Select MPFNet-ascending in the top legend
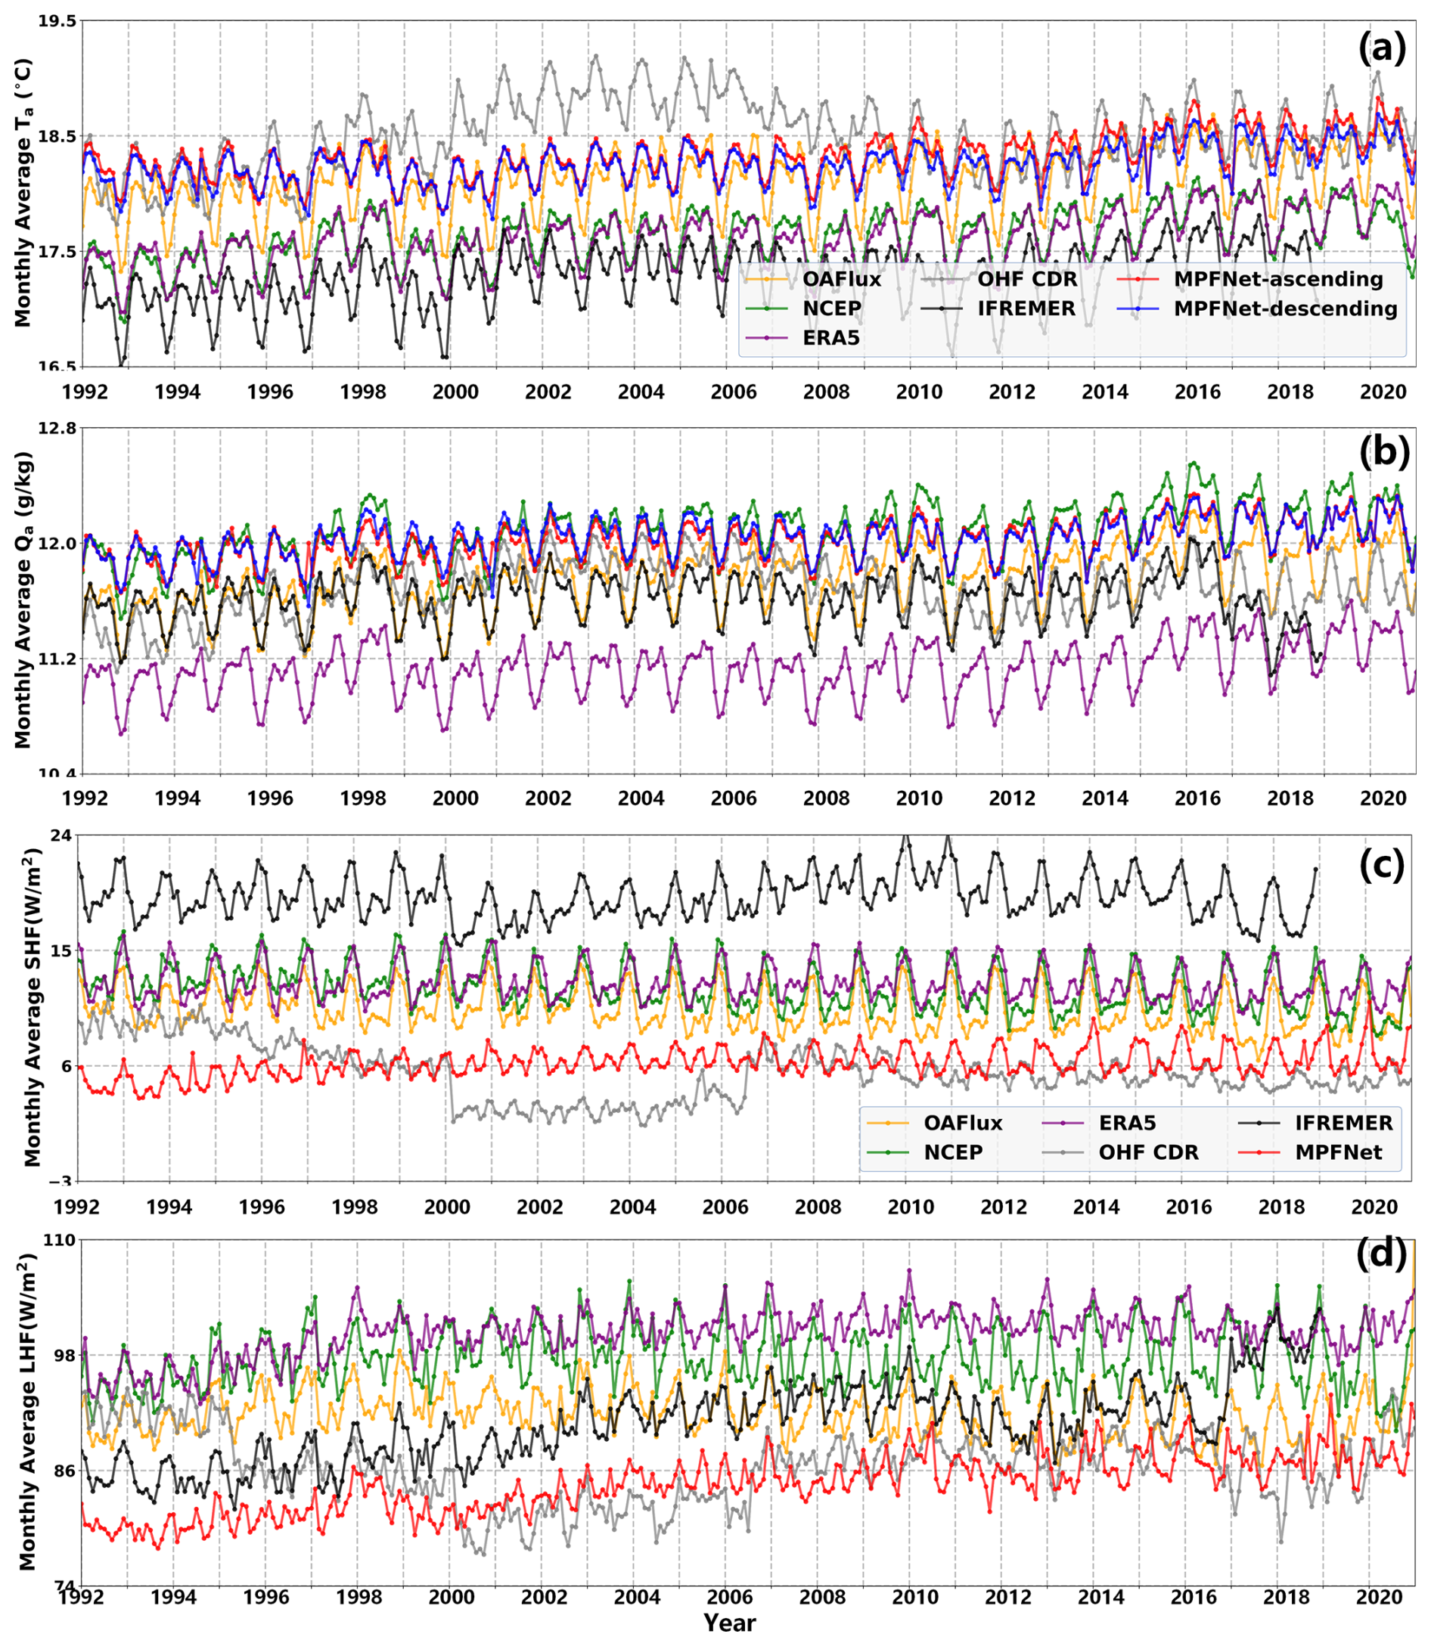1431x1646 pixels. [x=1277, y=280]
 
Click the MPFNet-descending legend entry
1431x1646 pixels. [x=1285, y=309]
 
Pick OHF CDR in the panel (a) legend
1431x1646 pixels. [x=1027, y=280]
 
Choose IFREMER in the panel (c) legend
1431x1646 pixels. [x=1343, y=1123]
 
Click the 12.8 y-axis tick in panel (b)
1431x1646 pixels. [x=54, y=429]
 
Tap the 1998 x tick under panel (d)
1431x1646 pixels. [x=359, y=1598]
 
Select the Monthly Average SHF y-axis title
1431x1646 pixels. [x=32, y=1008]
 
